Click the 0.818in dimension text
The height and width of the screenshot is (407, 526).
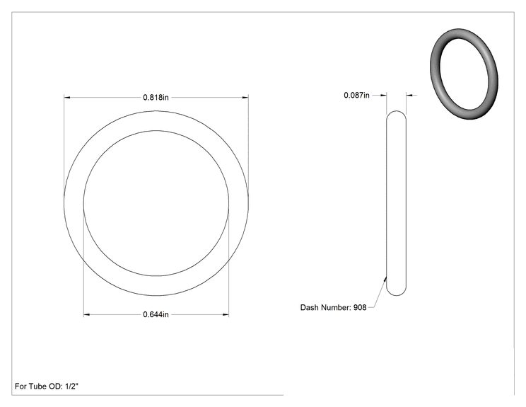point(156,98)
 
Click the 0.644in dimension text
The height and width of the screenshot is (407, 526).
point(156,315)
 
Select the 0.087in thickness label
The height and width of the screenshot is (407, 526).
point(356,96)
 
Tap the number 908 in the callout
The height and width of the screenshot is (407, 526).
point(360,308)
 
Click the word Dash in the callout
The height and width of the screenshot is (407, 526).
point(309,308)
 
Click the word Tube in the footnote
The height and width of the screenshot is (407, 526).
point(37,386)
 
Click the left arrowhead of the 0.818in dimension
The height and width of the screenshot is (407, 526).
point(67,98)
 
